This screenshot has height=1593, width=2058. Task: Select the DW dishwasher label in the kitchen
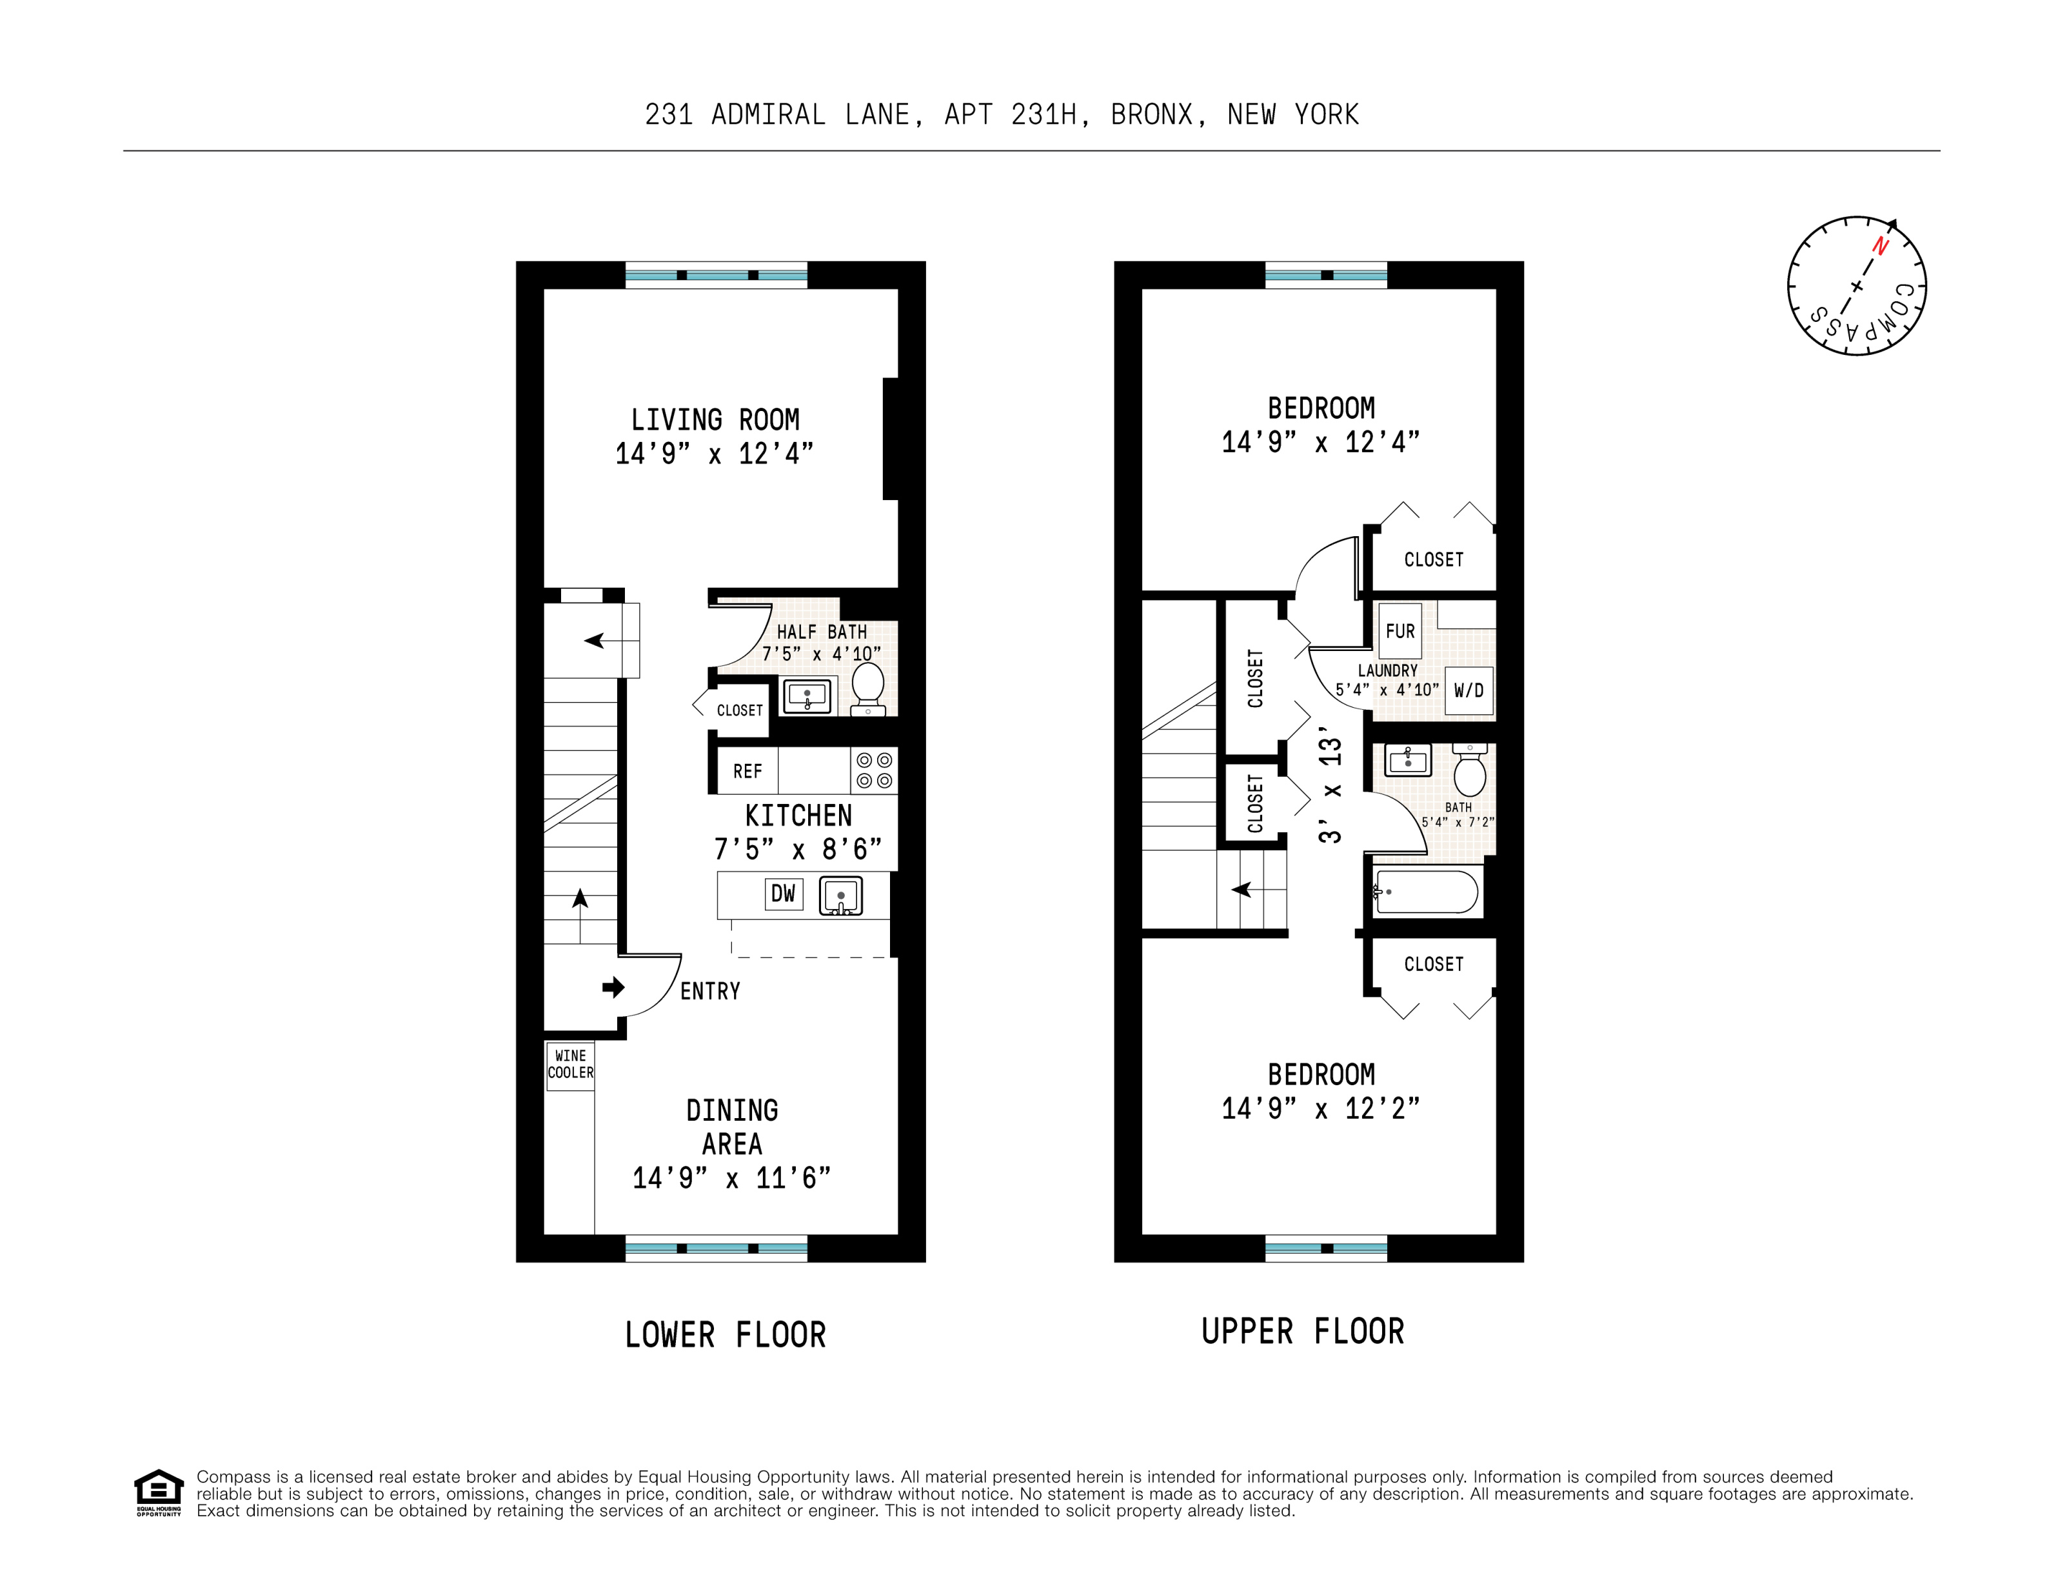pyautogui.click(x=783, y=894)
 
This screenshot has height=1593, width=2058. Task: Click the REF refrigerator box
pyautogui.click(x=747, y=771)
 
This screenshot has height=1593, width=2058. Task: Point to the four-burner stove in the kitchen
pyautogui.click(x=873, y=770)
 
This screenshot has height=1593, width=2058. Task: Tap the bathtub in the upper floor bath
pyautogui.click(x=1426, y=891)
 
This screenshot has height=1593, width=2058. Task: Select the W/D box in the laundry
pyautogui.click(x=1468, y=690)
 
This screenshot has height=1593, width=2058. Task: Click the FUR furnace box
pyautogui.click(x=1400, y=630)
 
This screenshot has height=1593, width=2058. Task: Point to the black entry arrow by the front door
pyautogui.click(x=613, y=987)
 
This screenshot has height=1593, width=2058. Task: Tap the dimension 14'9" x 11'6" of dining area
pyautogui.click(x=731, y=1178)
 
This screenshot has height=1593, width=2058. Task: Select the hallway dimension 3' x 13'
pyautogui.click(x=1330, y=785)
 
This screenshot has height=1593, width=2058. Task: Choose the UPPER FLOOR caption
pyautogui.click(x=1302, y=1331)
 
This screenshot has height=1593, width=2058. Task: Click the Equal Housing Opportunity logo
pyautogui.click(x=158, y=1492)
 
